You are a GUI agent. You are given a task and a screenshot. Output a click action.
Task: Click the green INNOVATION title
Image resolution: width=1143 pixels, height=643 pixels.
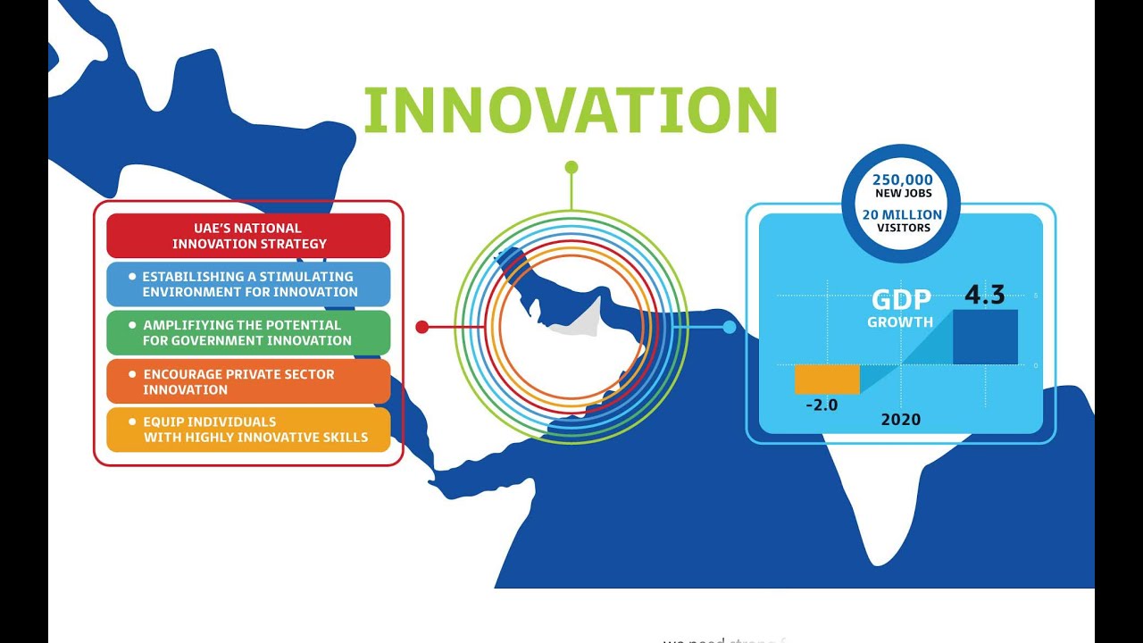click(571, 111)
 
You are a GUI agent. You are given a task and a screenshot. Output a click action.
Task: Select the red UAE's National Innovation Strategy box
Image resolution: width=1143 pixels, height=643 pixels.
click(248, 236)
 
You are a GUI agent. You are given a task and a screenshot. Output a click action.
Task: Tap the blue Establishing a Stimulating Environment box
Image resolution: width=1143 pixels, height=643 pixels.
click(248, 284)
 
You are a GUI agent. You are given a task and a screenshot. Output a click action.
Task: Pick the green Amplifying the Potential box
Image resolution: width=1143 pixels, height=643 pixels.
click(248, 333)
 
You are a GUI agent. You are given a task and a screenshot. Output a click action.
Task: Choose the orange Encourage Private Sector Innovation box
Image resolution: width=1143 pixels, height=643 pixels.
click(248, 381)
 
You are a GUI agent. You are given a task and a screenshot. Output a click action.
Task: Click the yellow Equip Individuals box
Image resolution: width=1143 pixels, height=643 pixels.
click(248, 430)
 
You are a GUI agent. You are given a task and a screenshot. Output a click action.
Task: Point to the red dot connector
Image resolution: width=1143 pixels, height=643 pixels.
click(422, 327)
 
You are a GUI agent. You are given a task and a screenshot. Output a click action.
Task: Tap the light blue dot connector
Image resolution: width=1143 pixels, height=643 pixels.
click(730, 327)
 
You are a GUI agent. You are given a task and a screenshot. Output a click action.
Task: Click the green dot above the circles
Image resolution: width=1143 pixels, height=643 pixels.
click(571, 167)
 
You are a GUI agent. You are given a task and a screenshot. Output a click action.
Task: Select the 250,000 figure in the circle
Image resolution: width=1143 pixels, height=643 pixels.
click(902, 180)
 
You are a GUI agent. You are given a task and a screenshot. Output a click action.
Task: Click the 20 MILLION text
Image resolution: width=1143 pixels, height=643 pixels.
click(902, 214)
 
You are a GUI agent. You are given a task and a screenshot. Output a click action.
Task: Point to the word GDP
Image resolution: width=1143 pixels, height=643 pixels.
click(901, 300)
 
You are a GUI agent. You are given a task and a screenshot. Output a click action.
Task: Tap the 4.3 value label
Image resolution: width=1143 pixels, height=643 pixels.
click(984, 296)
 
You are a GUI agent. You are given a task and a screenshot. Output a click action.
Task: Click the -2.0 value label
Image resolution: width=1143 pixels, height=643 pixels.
click(822, 405)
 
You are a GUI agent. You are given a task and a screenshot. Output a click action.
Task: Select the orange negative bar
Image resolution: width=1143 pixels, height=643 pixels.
click(827, 380)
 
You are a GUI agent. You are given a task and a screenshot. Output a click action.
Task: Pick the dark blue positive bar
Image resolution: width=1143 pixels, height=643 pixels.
click(985, 337)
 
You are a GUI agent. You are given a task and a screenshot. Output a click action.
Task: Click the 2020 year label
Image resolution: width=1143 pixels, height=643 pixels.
click(900, 419)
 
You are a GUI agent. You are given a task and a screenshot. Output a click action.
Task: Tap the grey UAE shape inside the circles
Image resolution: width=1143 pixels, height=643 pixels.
click(576, 320)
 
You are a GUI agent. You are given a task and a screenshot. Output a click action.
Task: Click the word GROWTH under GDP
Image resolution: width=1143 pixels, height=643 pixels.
click(900, 322)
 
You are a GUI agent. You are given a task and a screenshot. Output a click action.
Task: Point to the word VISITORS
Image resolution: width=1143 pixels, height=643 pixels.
click(902, 228)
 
